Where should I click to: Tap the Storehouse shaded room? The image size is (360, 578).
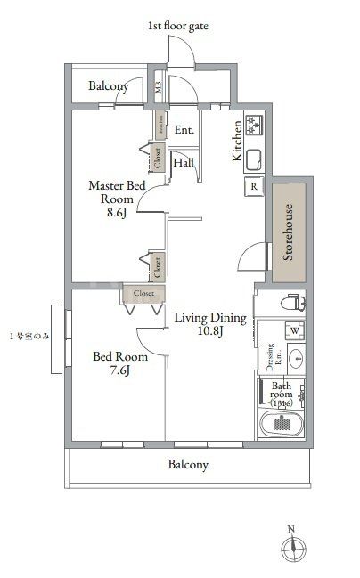click(x=289, y=230)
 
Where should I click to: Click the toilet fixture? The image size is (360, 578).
click(x=292, y=304)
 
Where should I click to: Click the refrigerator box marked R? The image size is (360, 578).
click(x=254, y=187)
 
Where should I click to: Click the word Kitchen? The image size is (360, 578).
click(x=237, y=141)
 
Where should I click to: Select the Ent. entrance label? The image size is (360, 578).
click(x=184, y=130)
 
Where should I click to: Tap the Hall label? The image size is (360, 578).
click(x=184, y=163)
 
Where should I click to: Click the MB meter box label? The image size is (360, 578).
click(x=158, y=87)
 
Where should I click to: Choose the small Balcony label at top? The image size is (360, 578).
click(x=108, y=87)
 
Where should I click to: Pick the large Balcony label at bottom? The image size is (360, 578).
click(x=188, y=465)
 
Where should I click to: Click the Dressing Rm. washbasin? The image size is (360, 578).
click(x=296, y=360)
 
